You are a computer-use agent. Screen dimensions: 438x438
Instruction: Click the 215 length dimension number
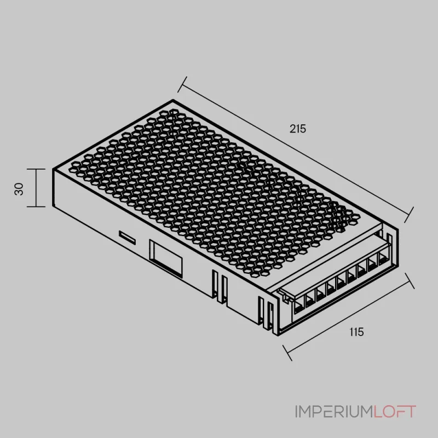tap(298, 129)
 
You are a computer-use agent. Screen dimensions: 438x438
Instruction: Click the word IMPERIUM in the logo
tap(333, 412)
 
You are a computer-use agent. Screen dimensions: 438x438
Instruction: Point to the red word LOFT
tap(394, 412)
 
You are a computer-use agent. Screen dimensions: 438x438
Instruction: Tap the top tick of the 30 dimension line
tap(36, 169)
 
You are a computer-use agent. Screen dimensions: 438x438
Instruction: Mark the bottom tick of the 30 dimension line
tap(36, 207)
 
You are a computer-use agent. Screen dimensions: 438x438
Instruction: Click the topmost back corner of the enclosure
tap(174, 100)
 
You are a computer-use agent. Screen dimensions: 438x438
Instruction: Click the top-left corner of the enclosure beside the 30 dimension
tap(53, 169)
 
